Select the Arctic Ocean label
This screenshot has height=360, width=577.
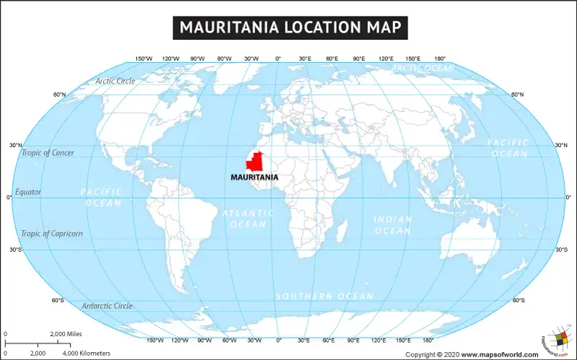[423, 68]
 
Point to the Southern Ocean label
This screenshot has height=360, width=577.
[325, 297]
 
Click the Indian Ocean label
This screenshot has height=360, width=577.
[393, 225]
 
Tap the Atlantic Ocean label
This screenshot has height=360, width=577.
[247, 219]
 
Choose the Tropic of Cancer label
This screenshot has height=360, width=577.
[48, 153]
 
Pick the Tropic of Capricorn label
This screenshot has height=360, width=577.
[52, 233]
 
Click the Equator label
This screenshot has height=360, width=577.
[28, 192]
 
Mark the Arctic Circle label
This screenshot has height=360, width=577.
[115, 81]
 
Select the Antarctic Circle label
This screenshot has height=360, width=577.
[107, 306]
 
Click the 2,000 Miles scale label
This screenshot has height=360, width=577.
[66, 334]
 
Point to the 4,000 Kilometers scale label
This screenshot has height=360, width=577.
[87, 353]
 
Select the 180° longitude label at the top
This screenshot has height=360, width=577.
[439, 58]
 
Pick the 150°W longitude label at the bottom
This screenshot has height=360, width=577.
[155, 340]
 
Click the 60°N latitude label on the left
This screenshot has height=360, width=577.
[59, 95]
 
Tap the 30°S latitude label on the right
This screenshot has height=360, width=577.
[560, 250]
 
